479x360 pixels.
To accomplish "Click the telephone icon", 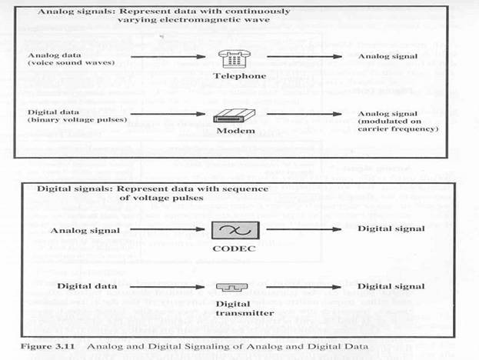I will click(237, 58).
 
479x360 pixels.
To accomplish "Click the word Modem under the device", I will click(237, 133).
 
